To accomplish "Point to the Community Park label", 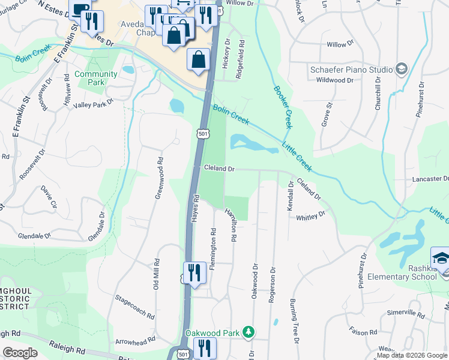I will [x=96, y=78].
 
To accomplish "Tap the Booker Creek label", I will [x=283, y=107].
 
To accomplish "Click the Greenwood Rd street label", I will [x=160, y=178].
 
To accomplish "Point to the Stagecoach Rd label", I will [x=135, y=306].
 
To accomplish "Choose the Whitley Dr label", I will [x=310, y=214].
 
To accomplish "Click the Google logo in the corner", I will [x=20, y=352].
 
